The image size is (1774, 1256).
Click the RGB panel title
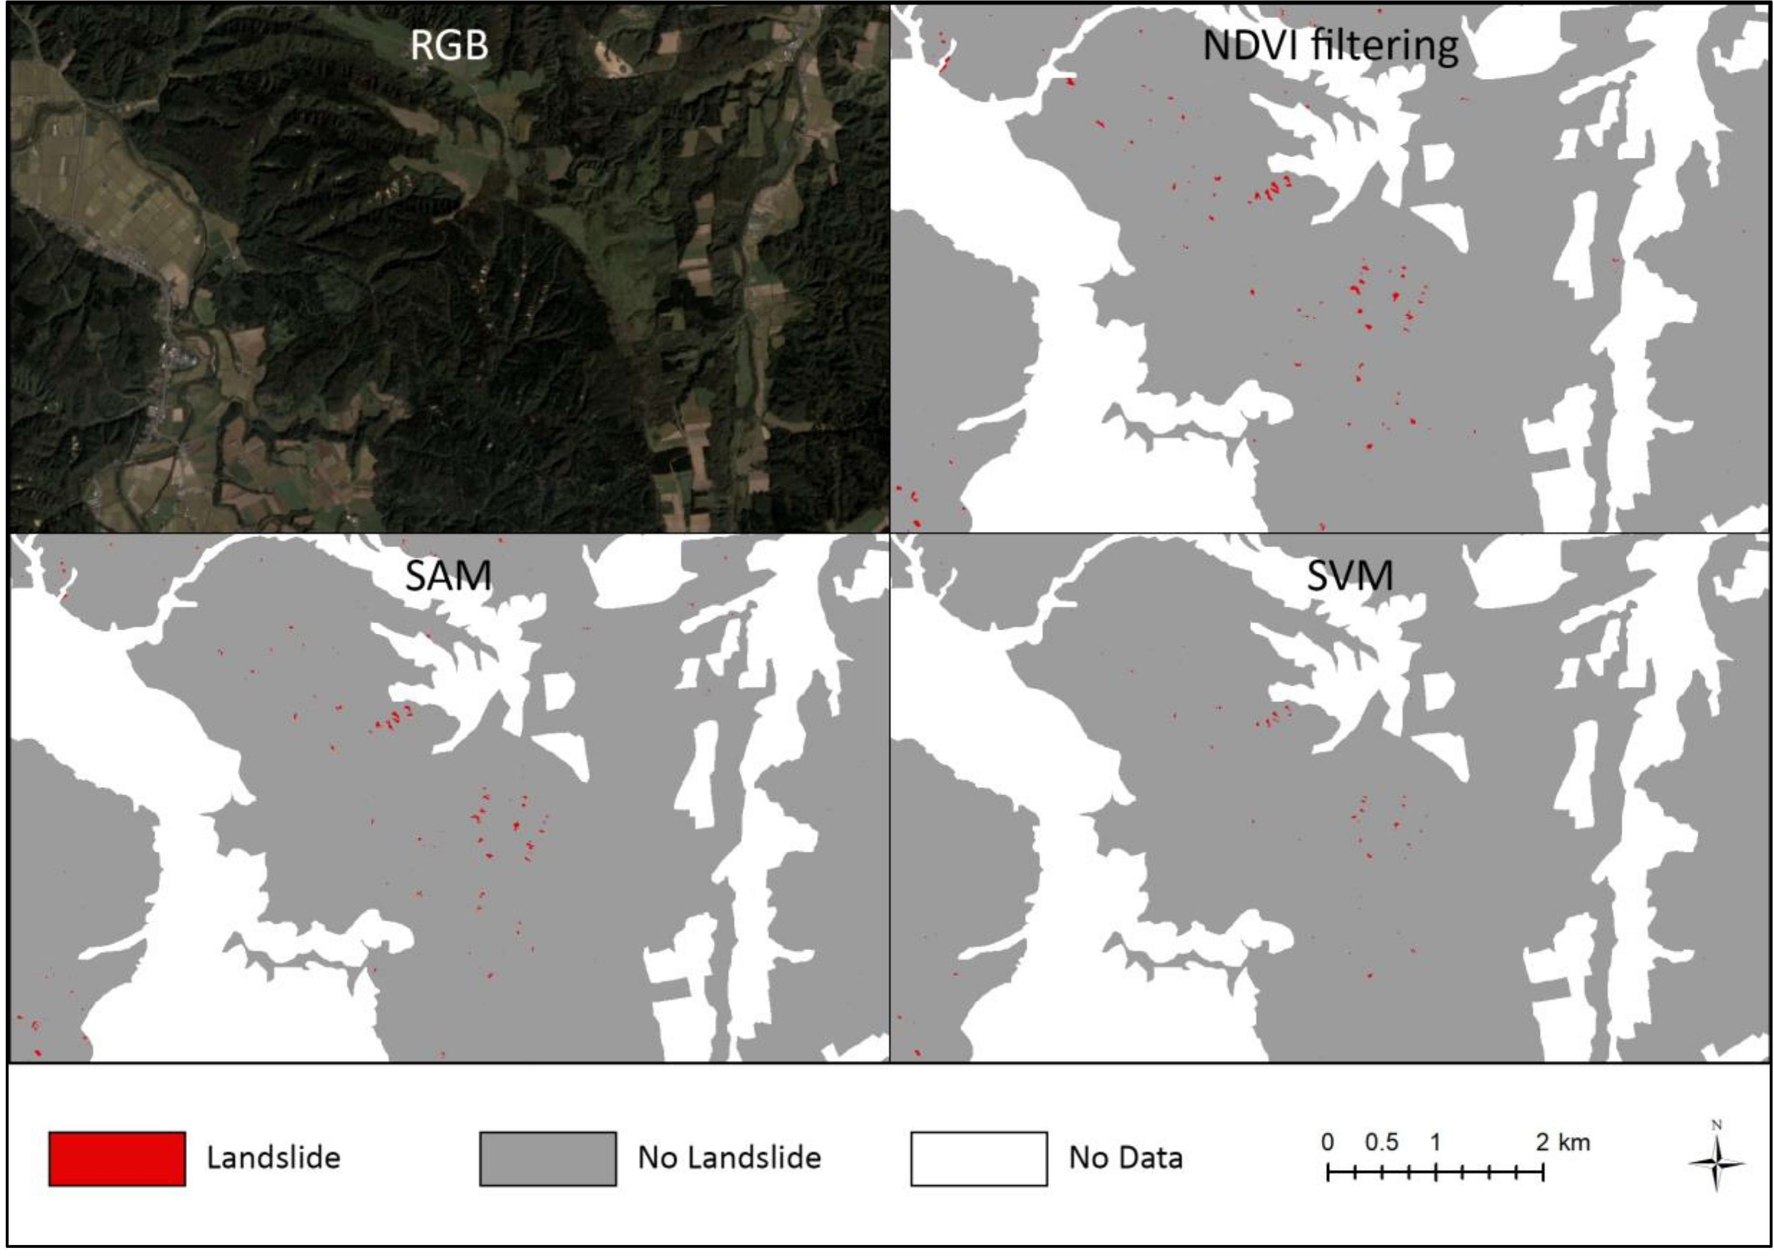[449, 45]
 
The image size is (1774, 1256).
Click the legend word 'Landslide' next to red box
[273, 1158]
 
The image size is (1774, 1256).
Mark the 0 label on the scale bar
[1327, 1142]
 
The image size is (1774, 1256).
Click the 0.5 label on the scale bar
[1381, 1142]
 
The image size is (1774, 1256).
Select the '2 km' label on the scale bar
[1563, 1142]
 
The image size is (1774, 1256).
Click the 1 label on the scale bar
[1435, 1142]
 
